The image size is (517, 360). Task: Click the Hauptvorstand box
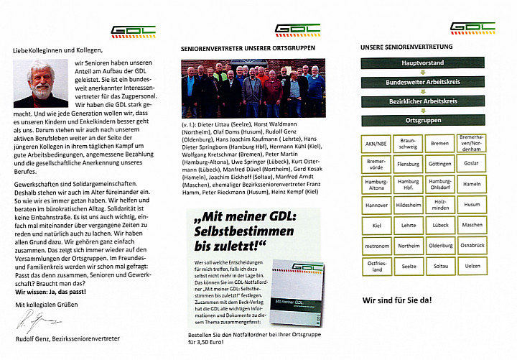pos(422,63)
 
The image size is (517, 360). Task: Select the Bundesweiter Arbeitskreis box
pos(422,83)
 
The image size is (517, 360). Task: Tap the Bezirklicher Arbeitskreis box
pos(422,101)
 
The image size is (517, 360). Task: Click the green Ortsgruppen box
pos(422,121)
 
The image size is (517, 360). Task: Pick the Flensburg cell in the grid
pos(407,163)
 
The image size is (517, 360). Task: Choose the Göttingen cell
pos(440,163)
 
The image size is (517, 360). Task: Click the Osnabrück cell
pos(472,246)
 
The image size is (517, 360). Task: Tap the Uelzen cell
pos(472,267)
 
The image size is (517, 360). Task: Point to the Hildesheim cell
pos(407,205)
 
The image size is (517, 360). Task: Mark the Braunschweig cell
pos(407,142)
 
